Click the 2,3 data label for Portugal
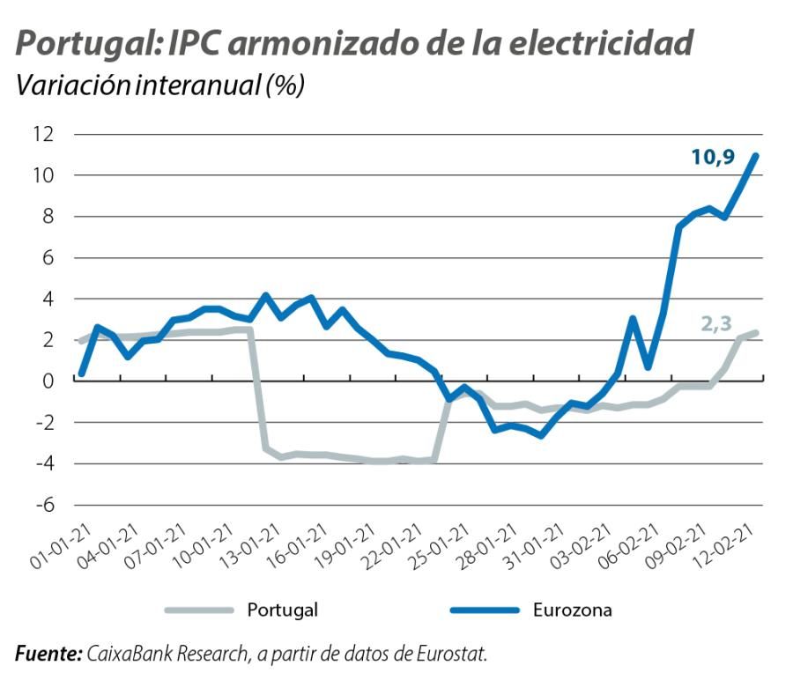point(717,323)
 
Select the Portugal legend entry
point(282,610)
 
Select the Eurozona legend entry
point(572,610)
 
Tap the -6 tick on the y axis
point(44,505)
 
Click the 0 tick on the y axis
point(48,381)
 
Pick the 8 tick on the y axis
point(48,216)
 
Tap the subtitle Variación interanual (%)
point(159,86)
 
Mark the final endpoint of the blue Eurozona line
point(756,156)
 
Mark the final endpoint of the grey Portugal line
point(756,333)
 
